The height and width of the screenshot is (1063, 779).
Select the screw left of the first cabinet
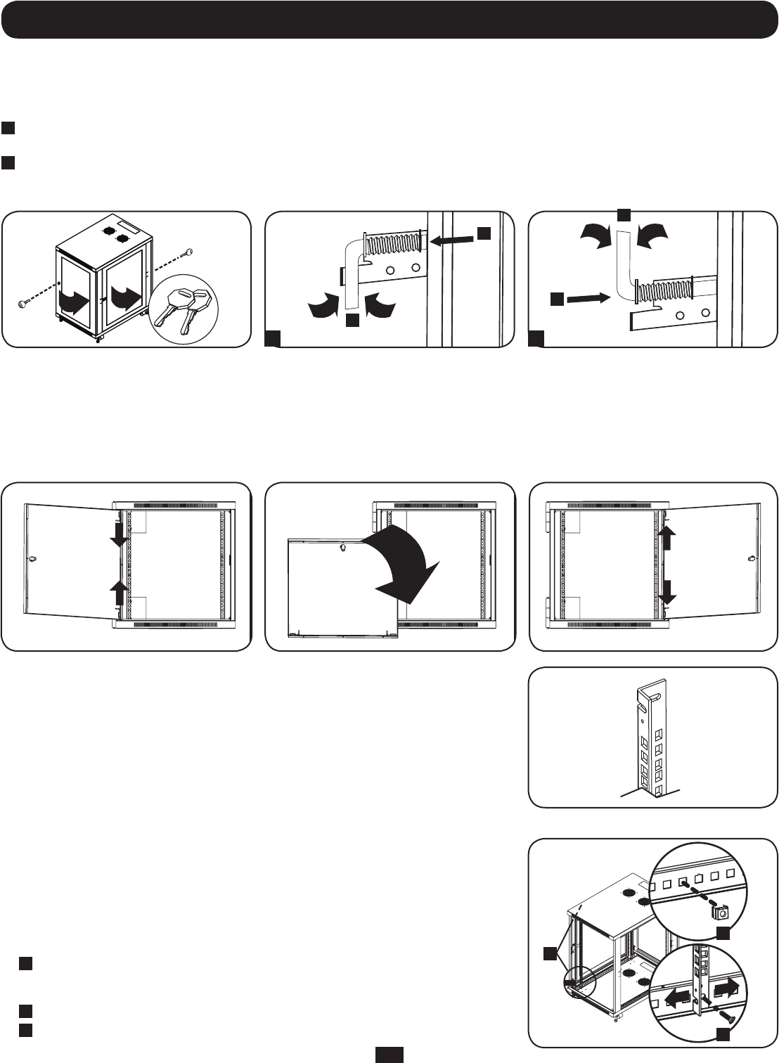pyautogui.click(x=22, y=303)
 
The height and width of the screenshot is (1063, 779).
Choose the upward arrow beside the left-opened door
pyautogui.click(x=119, y=591)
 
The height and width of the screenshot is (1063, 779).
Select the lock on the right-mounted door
pyautogui.click(x=751, y=560)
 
